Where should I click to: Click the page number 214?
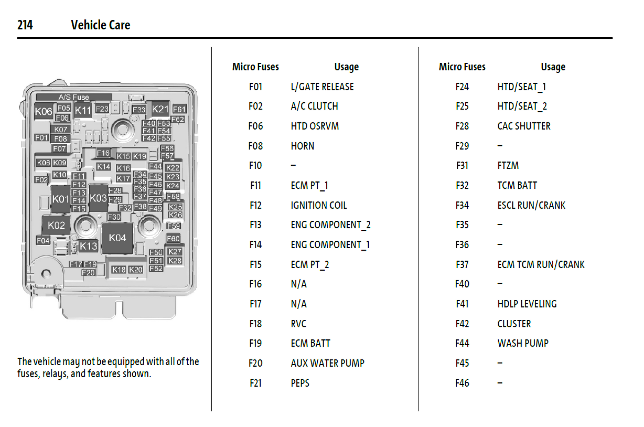(x=25, y=25)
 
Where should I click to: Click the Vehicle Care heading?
(x=100, y=25)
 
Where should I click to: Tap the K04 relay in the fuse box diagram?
(x=117, y=238)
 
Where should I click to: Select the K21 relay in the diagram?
(x=160, y=109)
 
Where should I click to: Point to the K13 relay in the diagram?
(x=88, y=246)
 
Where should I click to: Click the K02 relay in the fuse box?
(x=56, y=225)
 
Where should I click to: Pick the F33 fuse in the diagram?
(x=139, y=110)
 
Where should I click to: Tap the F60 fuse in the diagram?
(x=173, y=238)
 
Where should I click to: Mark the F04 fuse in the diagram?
(x=43, y=241)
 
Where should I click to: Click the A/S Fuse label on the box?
(x=73, y=97)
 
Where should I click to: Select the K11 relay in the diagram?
(x=83, y=110)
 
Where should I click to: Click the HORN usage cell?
(x=302, y=146)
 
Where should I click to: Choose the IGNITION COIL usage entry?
(x=319, y=205)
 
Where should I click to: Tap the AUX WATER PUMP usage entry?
(x=327, y=363)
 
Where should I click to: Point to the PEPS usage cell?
(x=300, y=383)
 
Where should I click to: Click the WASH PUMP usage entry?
(x=523, y=343)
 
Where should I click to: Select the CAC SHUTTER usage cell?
(x=524, y=126)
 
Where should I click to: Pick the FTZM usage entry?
(x=508, y=166)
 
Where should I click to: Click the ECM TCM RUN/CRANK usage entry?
(x=541, y=264)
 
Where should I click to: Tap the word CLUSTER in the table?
(x=514, y=324)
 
